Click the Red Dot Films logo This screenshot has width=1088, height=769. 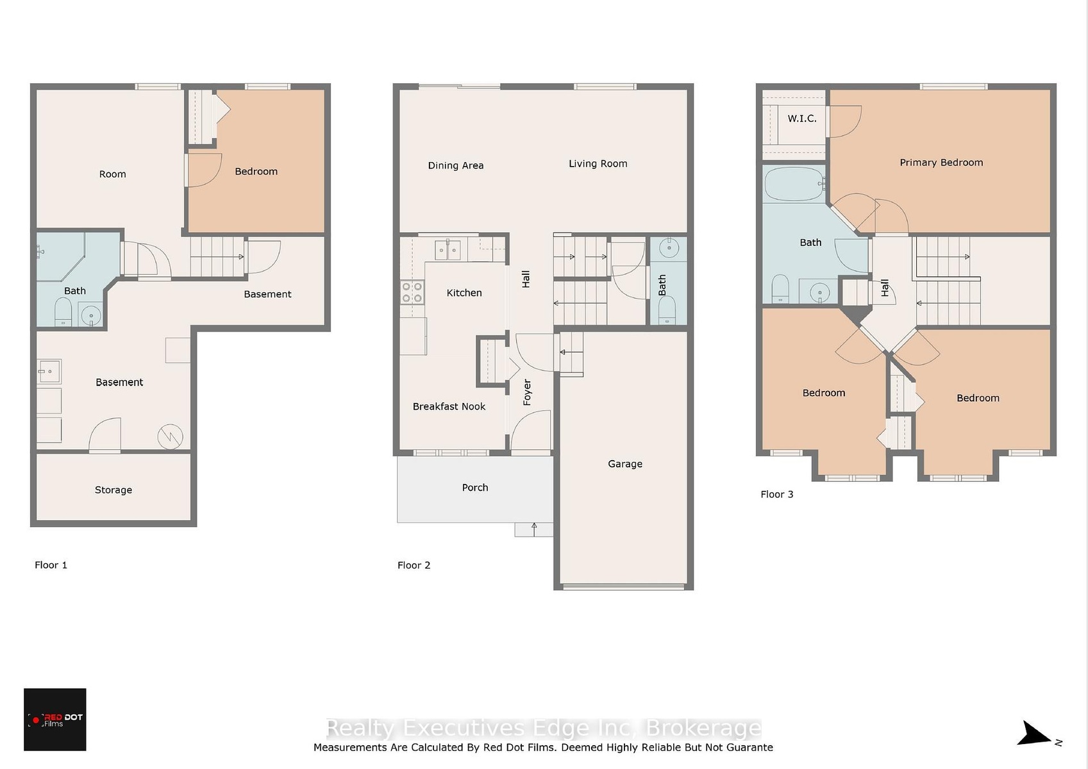click(55, 719)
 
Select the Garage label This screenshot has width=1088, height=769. click(624, 463)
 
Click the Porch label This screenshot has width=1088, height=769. click(474, 487)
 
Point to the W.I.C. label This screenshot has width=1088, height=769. click(802, 118)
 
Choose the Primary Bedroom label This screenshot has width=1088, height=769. click(941, 162)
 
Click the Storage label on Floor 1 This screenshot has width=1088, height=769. click(113, 490)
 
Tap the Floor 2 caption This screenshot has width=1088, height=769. click(414, 565)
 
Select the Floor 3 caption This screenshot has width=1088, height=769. click(776, 493)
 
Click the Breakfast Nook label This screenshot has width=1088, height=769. click(449, 406)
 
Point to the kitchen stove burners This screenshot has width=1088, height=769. click(412, 292)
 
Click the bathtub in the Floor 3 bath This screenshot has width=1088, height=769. click(794, 184)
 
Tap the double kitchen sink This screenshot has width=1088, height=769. click(448, 250)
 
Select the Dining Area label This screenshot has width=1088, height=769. click(456, 165)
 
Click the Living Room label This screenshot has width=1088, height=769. click(598, 163)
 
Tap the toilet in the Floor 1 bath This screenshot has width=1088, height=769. click(63, 311)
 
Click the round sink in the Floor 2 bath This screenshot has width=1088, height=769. click(669, 247)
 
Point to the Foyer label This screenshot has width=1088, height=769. click(527, 392)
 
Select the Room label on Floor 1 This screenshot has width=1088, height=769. click(112, 174)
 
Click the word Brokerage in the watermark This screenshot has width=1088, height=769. click(703, 728)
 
